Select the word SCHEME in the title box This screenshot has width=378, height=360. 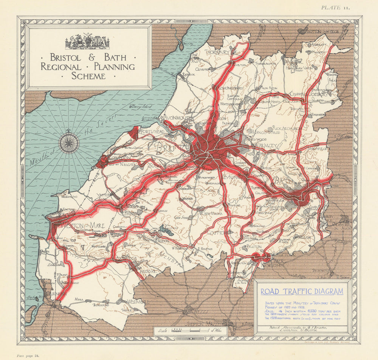89,76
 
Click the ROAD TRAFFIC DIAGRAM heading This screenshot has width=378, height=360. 302,291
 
